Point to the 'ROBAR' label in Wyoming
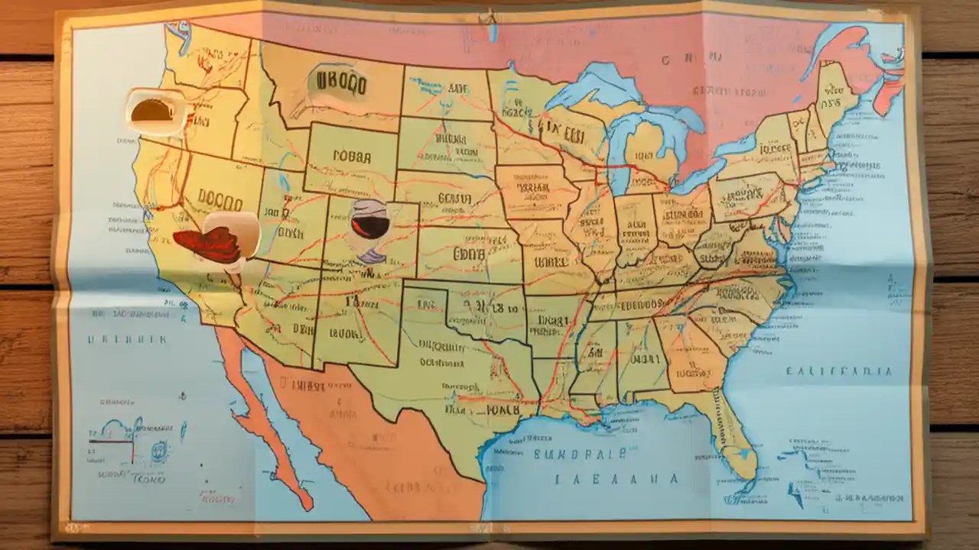351,157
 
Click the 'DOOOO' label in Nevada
220,196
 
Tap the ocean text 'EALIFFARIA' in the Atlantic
838,372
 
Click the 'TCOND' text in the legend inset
149,480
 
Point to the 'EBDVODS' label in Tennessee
641,304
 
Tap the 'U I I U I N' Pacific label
126,339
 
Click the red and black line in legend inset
111,441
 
